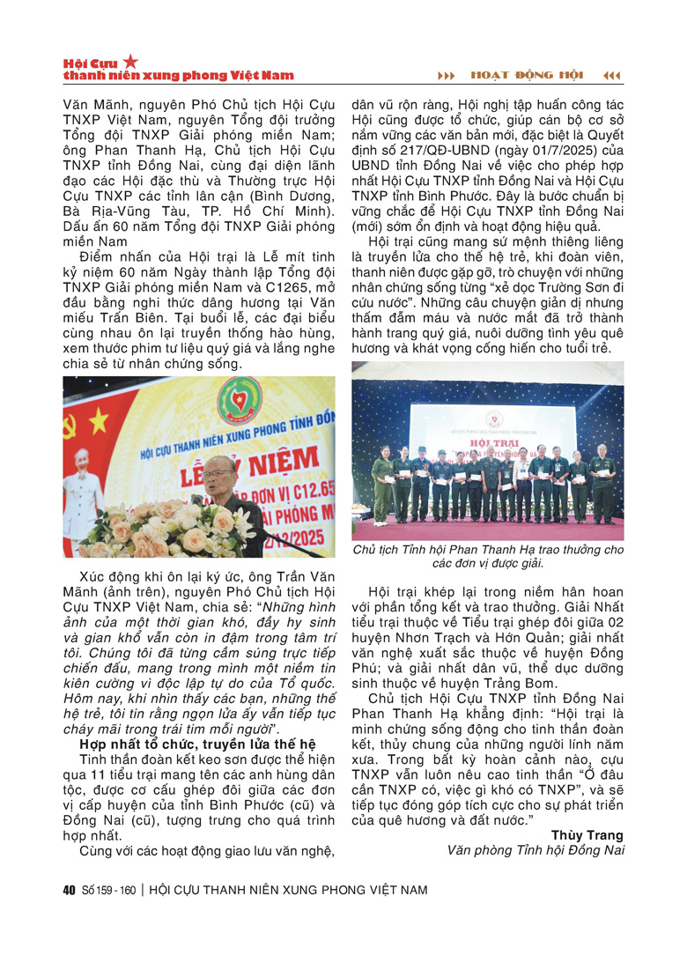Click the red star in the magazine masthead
tap(130, 61)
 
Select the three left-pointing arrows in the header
tap(612, 75)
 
